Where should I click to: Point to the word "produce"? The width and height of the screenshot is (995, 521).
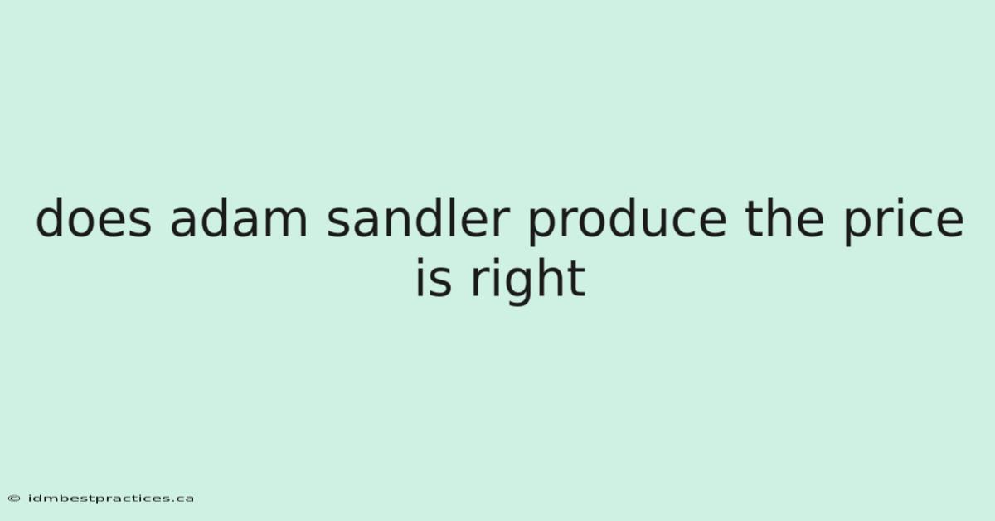click(627, 222)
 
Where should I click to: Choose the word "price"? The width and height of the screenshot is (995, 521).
click(904, 222)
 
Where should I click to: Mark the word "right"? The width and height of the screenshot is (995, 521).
click(528, 281)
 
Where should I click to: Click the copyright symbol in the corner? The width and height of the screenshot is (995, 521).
click(14, 499)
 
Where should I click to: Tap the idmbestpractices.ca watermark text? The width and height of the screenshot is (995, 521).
click(110, 499)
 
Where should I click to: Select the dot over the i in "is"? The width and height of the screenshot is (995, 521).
click(420, 261)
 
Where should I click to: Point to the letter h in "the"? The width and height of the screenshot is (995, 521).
click(779, 217)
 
